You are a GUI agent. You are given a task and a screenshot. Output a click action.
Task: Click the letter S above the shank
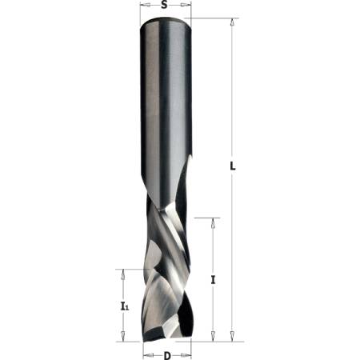pos(164,6)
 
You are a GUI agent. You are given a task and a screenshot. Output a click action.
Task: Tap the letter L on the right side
pos(233,167)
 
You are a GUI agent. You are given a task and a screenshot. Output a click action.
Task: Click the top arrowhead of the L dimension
pos(232,25)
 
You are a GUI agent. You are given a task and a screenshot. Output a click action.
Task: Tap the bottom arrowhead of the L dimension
pos(232,336)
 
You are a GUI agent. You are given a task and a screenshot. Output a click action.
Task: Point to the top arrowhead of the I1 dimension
pos(122,274)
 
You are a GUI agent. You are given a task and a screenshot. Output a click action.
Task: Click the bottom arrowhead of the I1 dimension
pos(122,336)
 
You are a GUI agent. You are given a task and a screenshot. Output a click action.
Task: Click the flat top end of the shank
pos(166,22)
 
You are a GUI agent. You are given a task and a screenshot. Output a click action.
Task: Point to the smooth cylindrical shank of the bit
pos(166,104)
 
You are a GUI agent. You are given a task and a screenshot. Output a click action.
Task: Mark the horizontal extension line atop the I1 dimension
pos(128,269)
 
